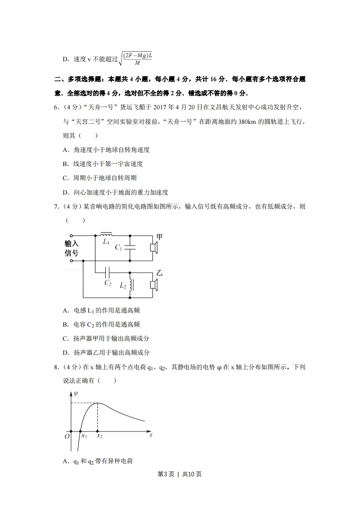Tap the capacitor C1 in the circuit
pyautogui.click(x=130, y=248)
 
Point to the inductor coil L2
pyautogui.click(x=131, y=285)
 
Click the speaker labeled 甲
pyautogui.click(x=154, y=248)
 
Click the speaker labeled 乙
pyautogui.click(x=154, y=284)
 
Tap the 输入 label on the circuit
pyautogui.click(x=71, y=243)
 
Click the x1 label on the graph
pyautogui.click(x=84, y=436)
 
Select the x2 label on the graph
pyautogui.click(x=99, y=436)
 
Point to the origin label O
pyautogui.click(x=67, y=436)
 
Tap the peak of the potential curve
pyautogui.click(x=99, y=403)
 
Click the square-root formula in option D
pyautogui.click(x=136, y=59)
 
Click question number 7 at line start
pyautogui.click(x=56, y=207)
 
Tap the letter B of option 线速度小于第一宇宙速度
pyautogui.click(x=65, y=164)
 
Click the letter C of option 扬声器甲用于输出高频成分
pyautogui.click(x=65, y=338)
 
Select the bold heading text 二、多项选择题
pyautogui.click(x=77, y=79)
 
